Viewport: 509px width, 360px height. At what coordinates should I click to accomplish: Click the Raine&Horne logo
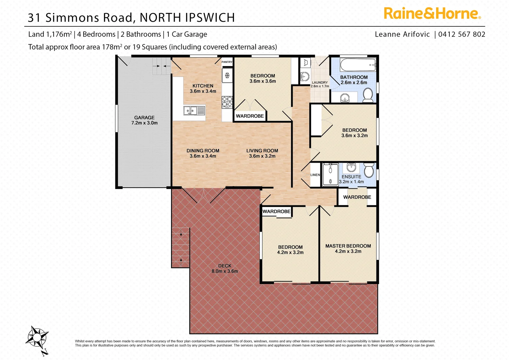pos(432,14)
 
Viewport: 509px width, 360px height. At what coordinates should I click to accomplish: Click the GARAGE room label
pos(144,118)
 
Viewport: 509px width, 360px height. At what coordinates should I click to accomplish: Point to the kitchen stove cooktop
pos(227,102)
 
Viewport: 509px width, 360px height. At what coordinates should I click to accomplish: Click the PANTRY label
pos(227,62)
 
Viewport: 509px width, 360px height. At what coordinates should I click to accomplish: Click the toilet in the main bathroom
pos(368,95)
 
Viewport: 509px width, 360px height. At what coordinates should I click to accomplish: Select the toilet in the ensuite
pos(369,170)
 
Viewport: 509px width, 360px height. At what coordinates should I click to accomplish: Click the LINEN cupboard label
pos(315,175)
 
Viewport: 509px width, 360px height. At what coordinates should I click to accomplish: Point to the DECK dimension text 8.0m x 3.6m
pos(225,271)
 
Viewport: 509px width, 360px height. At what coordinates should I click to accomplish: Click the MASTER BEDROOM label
pos(348,246)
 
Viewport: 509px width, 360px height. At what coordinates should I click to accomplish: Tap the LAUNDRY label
pos(320,82)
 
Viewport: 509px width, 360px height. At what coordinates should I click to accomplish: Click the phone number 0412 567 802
pos(462,34)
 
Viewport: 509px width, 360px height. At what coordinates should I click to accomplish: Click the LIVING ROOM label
pos(262,151)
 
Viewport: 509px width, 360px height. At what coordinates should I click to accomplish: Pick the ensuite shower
pos(330,174)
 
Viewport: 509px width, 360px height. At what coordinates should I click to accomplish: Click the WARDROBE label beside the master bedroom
pos(357,197)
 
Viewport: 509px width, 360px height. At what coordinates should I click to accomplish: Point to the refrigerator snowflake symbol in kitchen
pos(227,75)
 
